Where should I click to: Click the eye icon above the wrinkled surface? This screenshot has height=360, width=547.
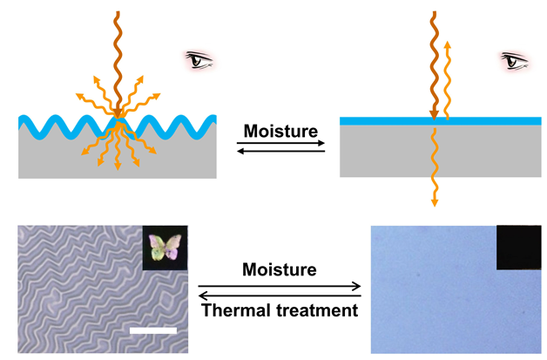(x=201, y=61)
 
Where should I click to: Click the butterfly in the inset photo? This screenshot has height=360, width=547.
(x=165, y=248)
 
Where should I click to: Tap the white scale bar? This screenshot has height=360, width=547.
(x=156, y=330)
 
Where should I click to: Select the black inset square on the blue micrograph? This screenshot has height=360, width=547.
(x=518, y=248)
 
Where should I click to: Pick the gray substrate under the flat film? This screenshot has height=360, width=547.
(x=392, y=153)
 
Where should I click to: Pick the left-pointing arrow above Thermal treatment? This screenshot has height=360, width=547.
(x=279, y=294)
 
